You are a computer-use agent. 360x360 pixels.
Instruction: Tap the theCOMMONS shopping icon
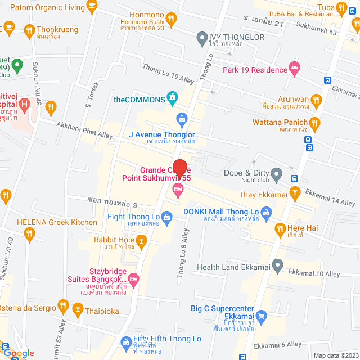coord(173,100)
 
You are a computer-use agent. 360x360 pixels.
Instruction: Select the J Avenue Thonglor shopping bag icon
coord(182,118)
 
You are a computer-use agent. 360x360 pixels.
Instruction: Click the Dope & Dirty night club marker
coord(276,175)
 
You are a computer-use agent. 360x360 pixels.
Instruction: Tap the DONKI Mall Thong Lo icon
coord(267,212)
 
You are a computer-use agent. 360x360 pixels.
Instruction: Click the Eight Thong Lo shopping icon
coord(166,217)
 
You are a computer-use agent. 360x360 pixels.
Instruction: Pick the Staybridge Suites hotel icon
coord(134,278)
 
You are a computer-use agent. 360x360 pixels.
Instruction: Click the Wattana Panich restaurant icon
coord(315,122)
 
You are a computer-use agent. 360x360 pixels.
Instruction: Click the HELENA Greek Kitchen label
coord(57,222)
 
